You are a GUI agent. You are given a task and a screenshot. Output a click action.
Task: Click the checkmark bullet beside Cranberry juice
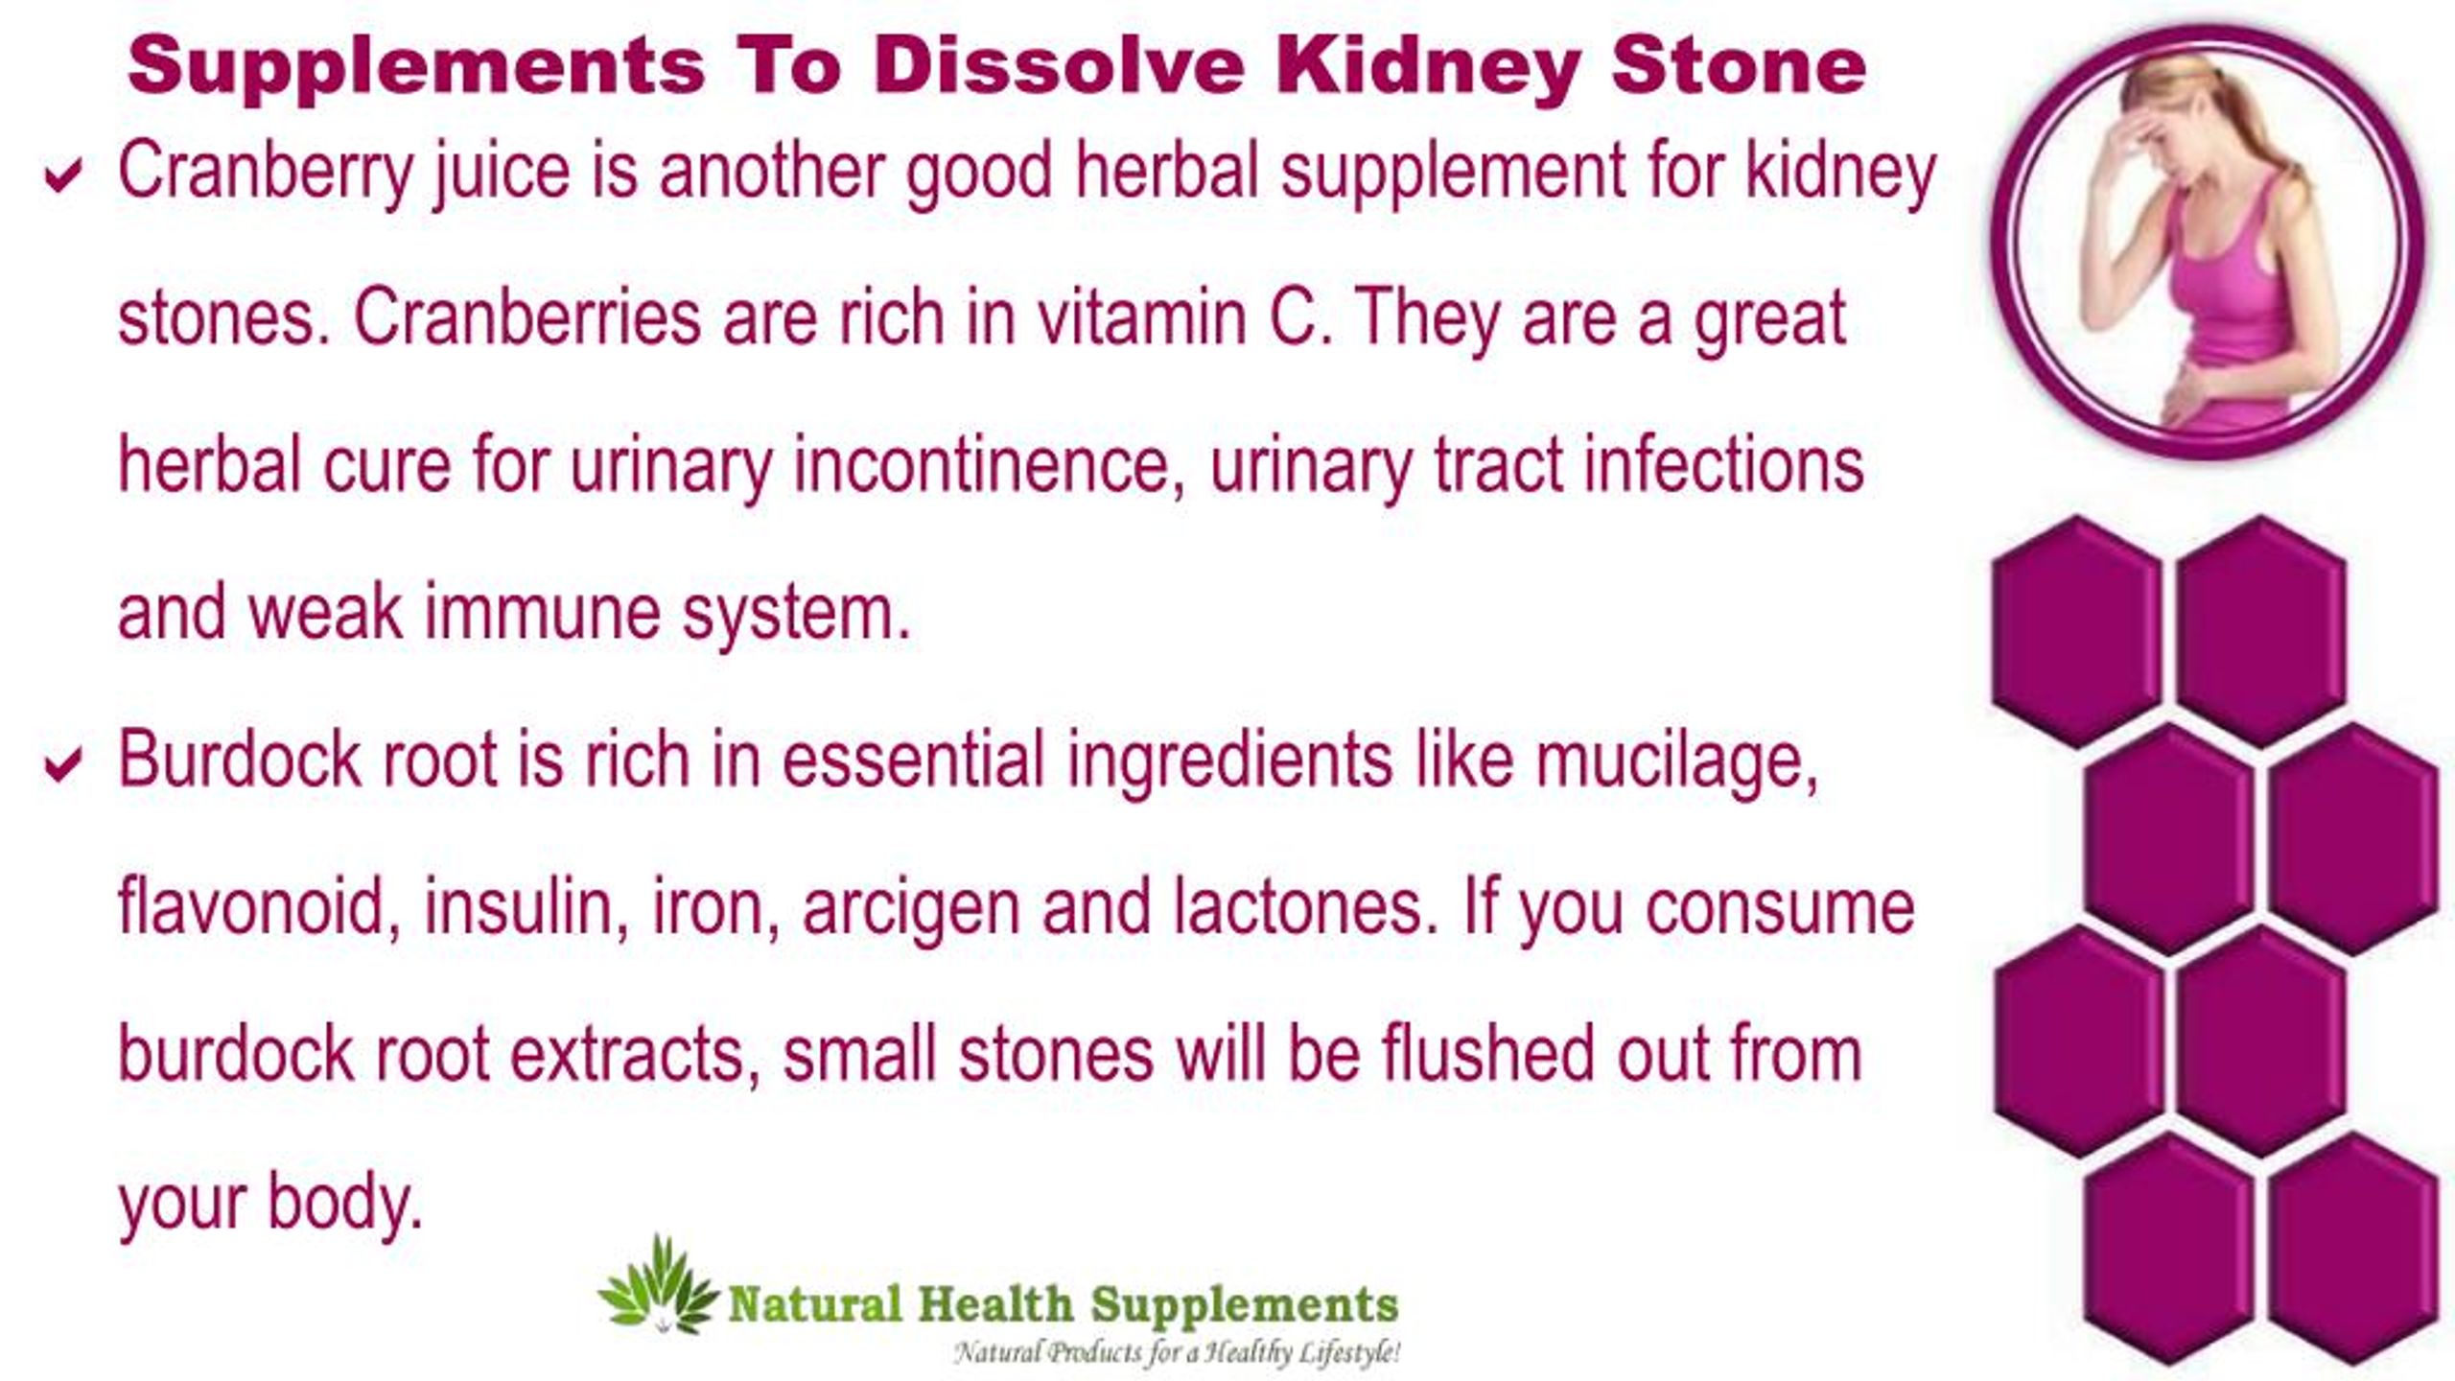[x=62, y=176]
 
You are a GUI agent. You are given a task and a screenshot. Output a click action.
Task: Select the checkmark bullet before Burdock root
[x=62, y=764]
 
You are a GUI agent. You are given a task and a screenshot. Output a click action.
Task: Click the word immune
[x=542, y=613]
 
